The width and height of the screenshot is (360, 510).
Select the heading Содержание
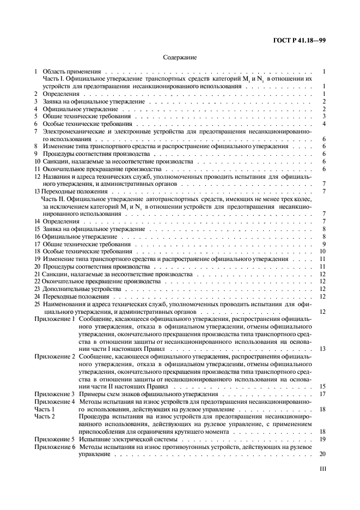179,57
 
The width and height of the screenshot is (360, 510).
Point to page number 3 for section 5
324,116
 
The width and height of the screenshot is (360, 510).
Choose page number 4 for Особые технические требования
324,124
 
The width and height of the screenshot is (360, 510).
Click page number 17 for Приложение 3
322,394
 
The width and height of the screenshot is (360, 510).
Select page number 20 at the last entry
322,454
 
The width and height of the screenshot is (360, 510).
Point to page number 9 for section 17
324,244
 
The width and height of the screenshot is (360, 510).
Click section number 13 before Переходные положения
37,192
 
